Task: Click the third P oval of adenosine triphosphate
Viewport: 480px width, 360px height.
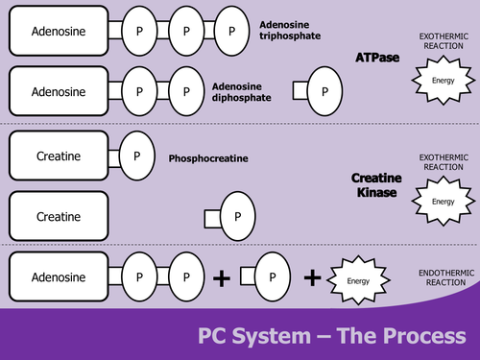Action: point(231,32)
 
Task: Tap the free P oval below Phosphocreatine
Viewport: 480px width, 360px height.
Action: point(237,215)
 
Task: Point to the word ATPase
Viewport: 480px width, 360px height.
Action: point(354,59)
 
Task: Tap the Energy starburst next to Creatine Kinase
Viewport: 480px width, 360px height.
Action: point(443,202)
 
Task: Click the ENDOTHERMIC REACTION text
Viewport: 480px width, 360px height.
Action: point(443,277)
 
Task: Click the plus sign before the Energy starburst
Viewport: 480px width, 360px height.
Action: point(312,278)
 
